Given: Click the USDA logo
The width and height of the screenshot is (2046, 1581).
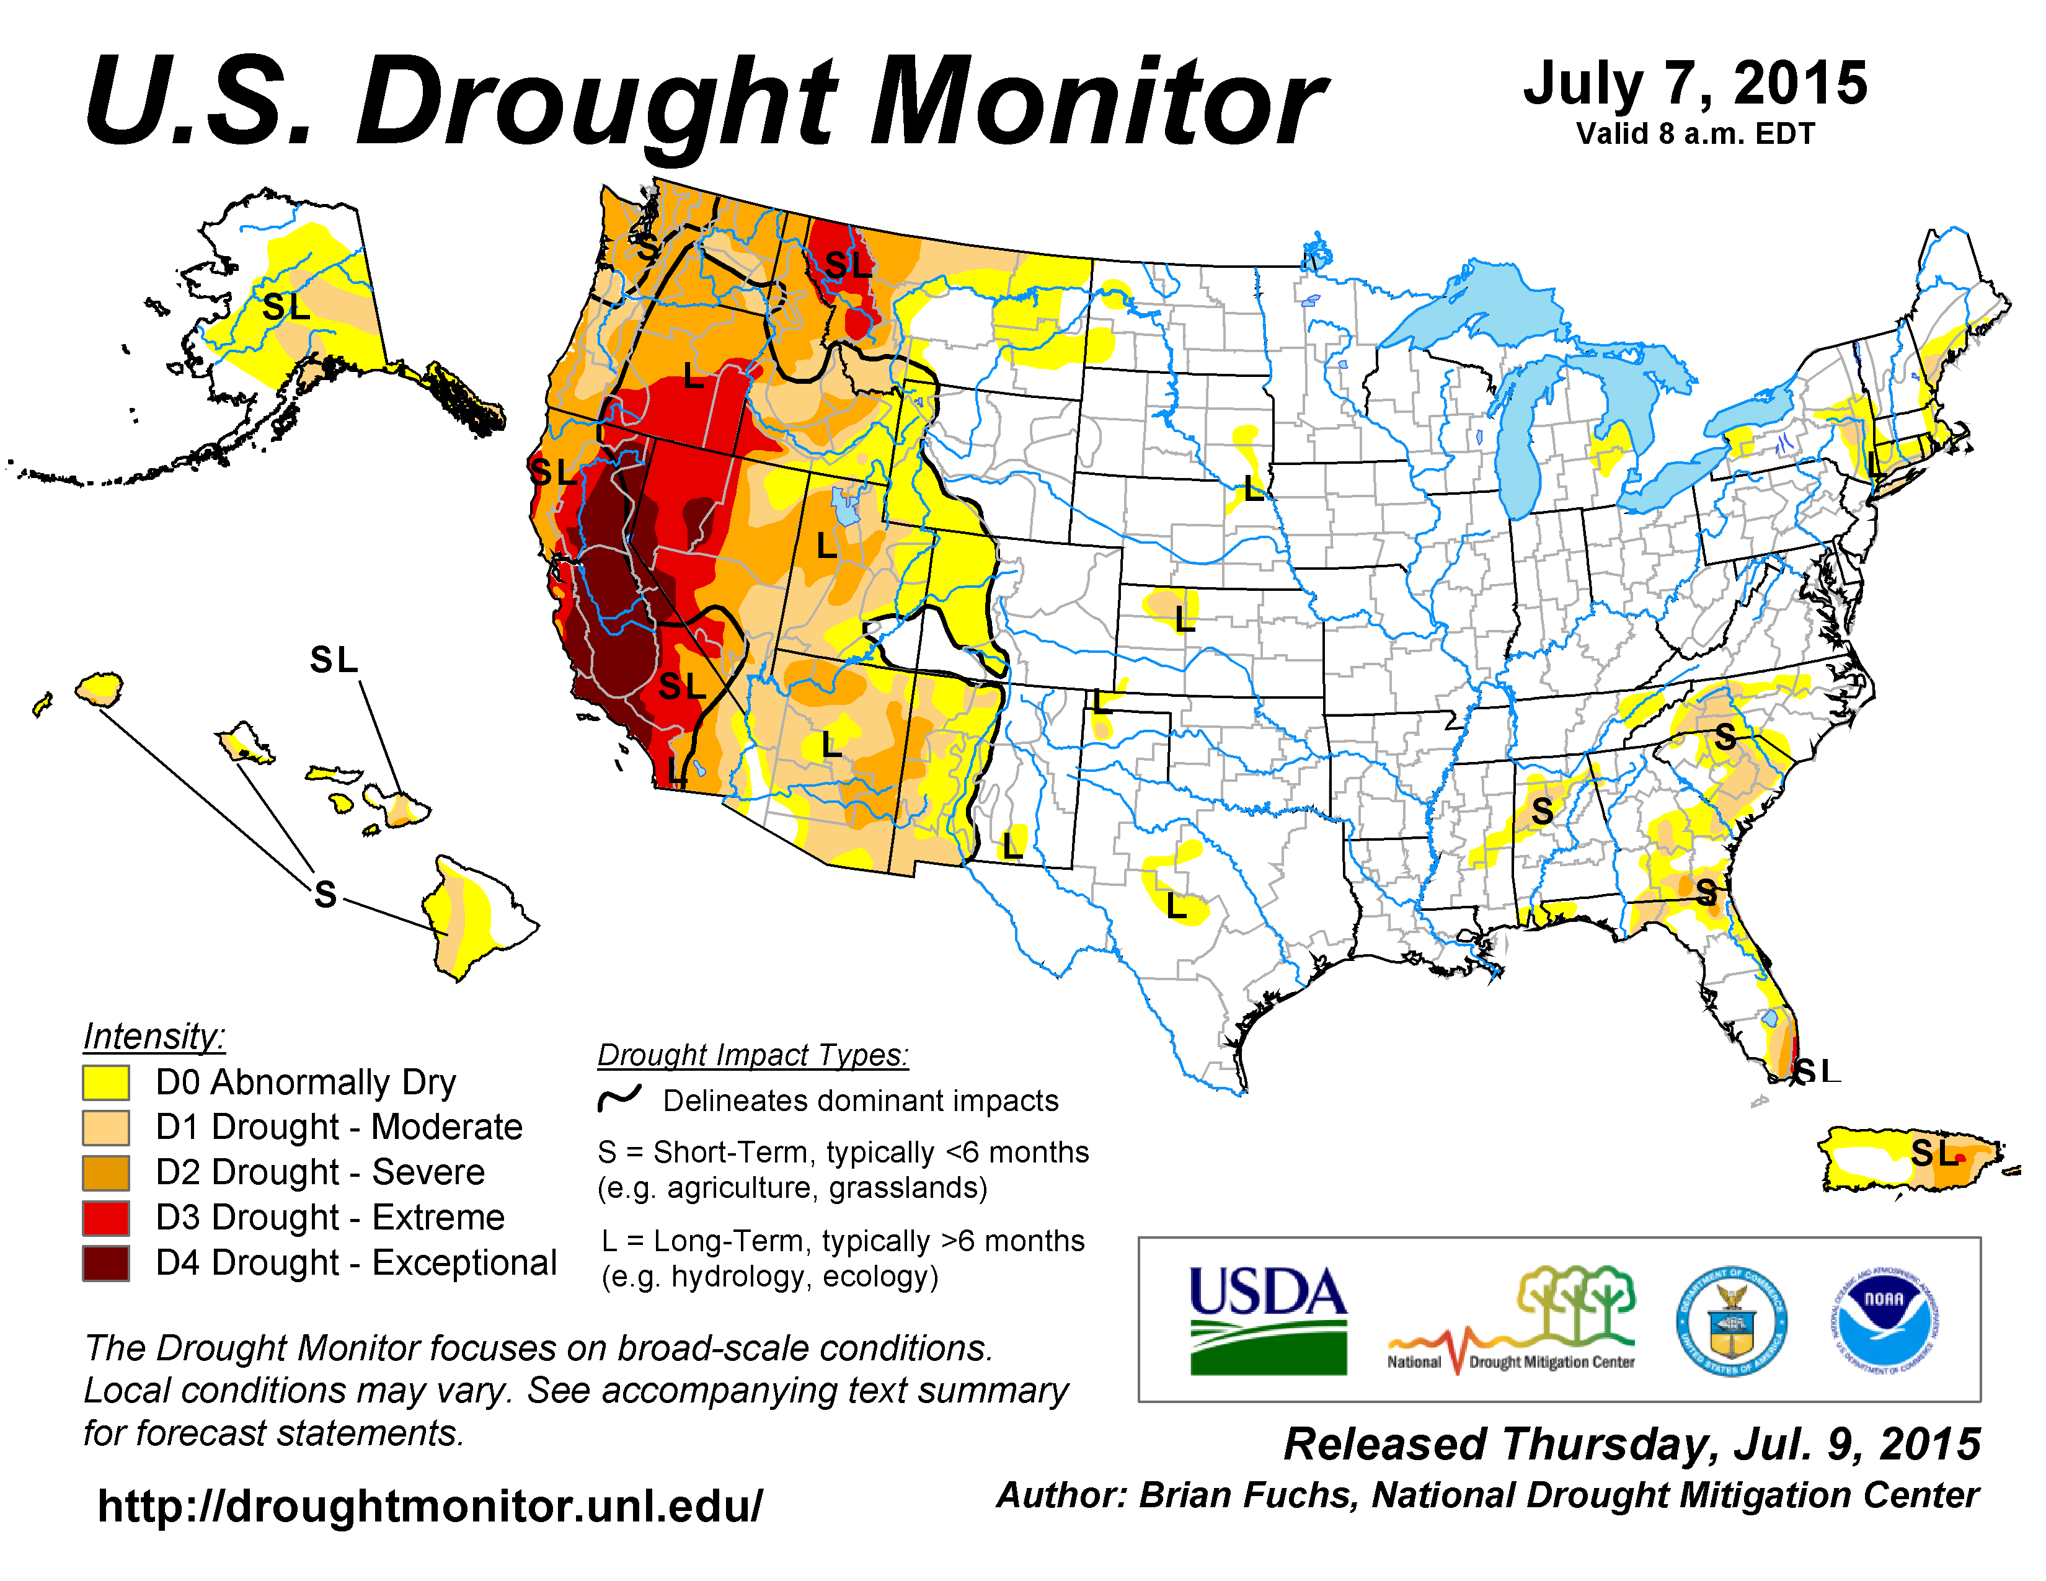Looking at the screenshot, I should pos(1267,1319).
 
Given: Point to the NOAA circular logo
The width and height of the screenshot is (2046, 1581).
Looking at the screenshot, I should pos(1884,1322).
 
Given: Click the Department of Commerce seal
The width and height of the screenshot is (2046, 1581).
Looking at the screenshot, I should pos(1731,1322).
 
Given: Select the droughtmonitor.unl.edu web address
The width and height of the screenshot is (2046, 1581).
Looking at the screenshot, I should pos(430,1506).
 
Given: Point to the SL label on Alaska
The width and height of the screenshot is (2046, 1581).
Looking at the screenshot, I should pos(286,306).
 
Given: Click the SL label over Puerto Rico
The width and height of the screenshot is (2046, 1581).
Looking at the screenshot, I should pos(1936,1153).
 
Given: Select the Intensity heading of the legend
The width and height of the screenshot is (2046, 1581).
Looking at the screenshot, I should pos(154,1036).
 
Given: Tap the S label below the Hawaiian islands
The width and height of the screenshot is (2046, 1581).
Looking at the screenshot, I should pos(325,895).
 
